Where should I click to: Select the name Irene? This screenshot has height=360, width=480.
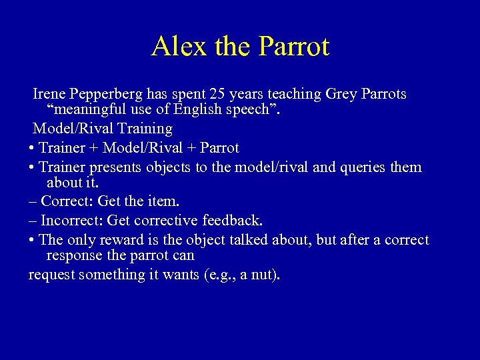[51, 95]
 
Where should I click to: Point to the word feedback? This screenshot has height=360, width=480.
[234, 219]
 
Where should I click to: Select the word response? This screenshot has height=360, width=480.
[75, 255]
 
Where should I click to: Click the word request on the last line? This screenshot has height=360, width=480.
[51, 274]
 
